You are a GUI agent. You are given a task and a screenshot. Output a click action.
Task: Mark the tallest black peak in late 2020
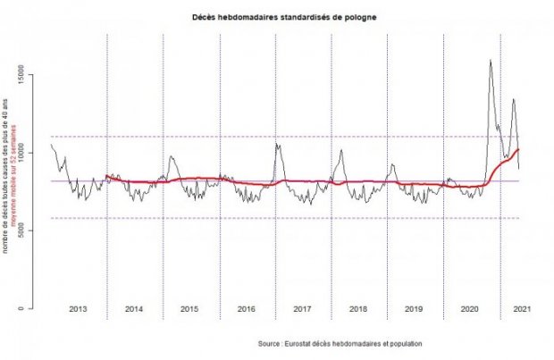[x=491, y=61]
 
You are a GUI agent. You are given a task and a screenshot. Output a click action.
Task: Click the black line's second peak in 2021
[x=513, y=99]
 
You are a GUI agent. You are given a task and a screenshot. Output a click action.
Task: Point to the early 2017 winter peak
[x=278, y=143]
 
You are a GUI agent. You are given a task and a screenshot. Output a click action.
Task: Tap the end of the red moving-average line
[x=519, y=149]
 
